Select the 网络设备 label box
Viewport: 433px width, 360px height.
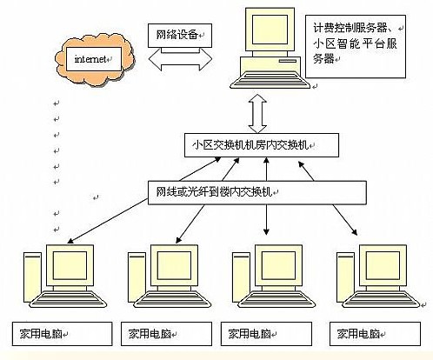pos(176,34)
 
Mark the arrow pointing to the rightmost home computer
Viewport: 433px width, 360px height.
pos(343,218)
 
